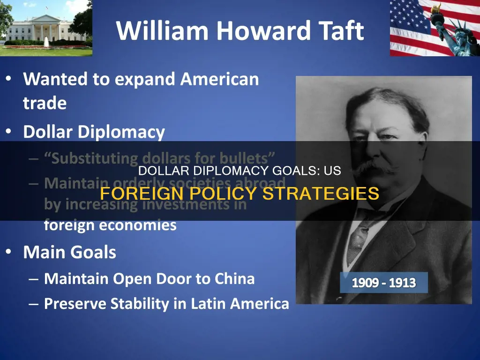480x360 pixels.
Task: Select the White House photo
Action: [x=46, y=28]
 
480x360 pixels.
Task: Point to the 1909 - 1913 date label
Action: [x=383, y=283]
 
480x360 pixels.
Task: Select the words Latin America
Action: [x=240, y=304]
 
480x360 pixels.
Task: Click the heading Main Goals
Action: [x=69, y=253]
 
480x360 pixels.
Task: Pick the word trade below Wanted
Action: [x=45, y=103]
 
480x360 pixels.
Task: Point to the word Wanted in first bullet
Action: [x=55, y=79]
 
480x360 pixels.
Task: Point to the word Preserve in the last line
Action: [x=75, y=304]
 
